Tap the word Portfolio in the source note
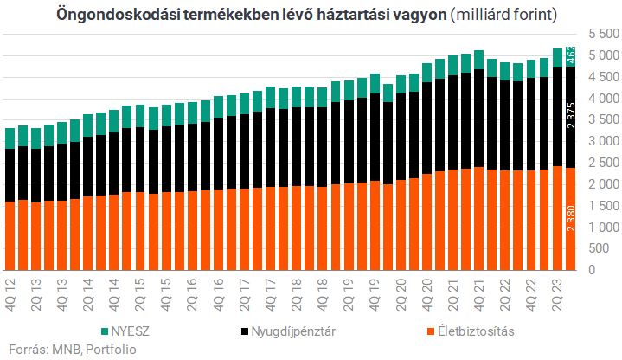click(93, 350)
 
